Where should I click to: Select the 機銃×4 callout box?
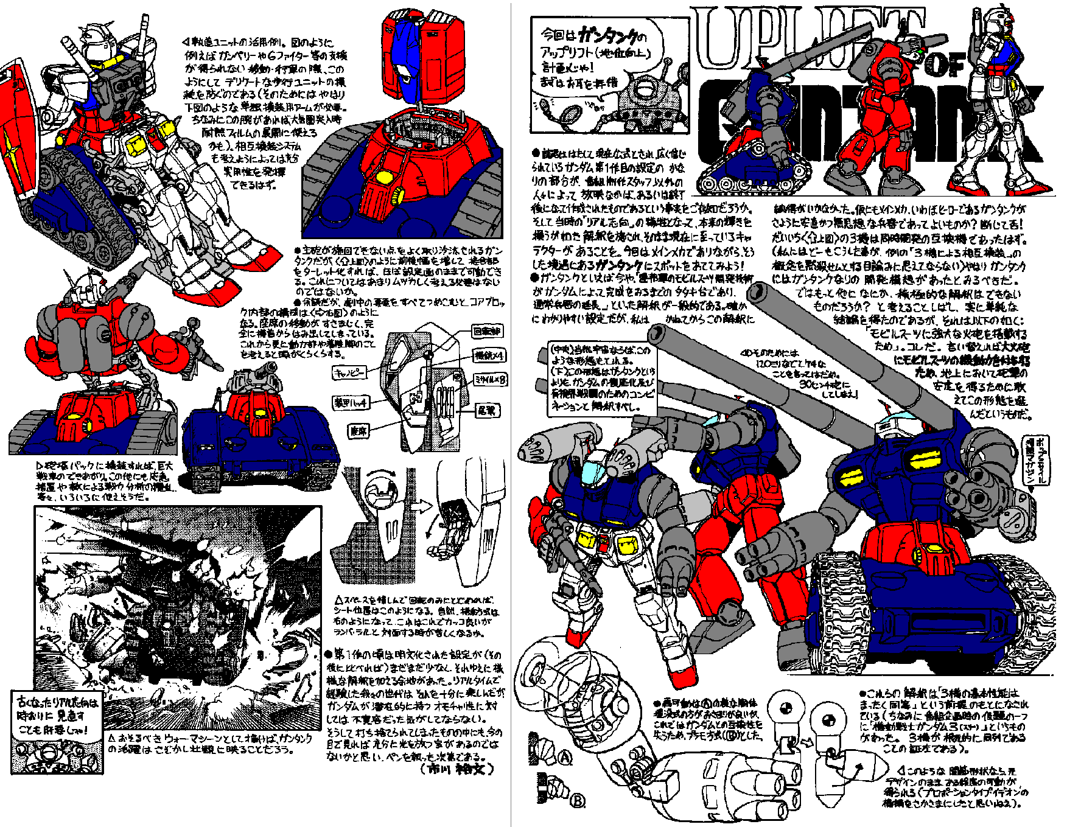pos(489,355)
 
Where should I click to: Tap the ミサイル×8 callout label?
pos(490,380)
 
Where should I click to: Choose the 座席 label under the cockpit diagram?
pos(359,431)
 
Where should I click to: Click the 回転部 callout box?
pos(487,331)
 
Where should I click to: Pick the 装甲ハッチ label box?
pos(351,402)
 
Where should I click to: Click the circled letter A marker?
pos(565,758)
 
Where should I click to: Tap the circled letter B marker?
pos(578,800)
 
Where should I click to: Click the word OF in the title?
pos(945,65)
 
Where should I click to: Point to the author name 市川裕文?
pos(457,769)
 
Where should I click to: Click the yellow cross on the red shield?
pos(11,145)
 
